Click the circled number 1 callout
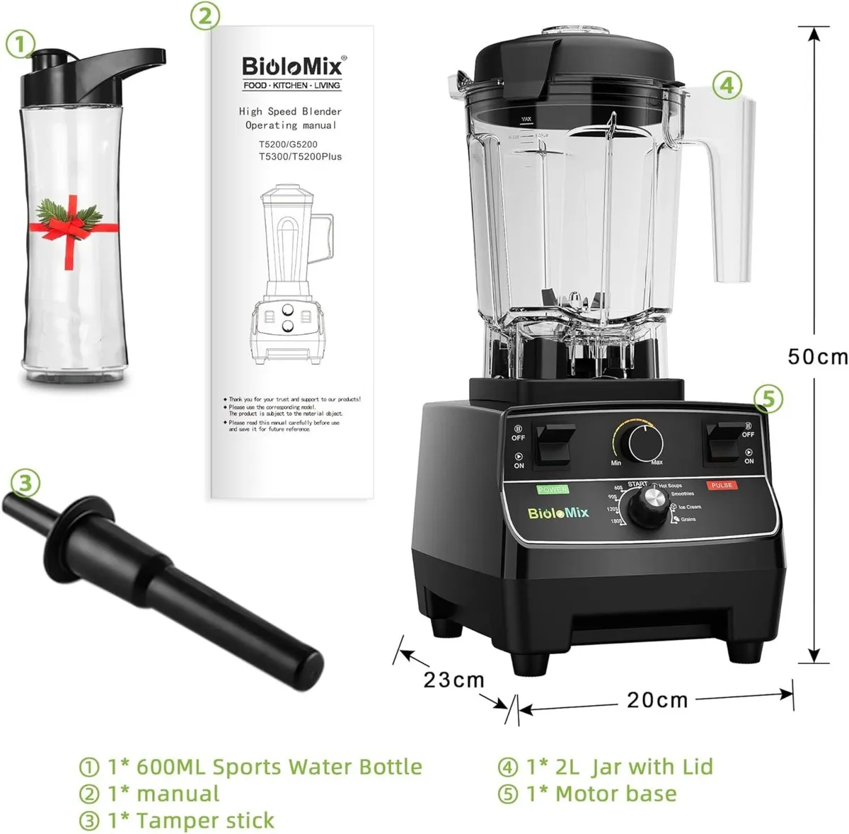click(20, 45)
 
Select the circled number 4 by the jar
click(727, 86)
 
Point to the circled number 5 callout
click(768, 399)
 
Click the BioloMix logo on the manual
click(292, 67)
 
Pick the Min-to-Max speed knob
click(645, 444)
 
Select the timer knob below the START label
click(647, 508)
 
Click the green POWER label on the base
click(553, 489)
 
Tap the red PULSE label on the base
click(721, 486)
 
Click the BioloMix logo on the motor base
click(558, 513)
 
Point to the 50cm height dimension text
click(817, 355)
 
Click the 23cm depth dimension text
click(454, 680)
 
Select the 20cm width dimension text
click(657, 699)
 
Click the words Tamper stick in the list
click(204, 821)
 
